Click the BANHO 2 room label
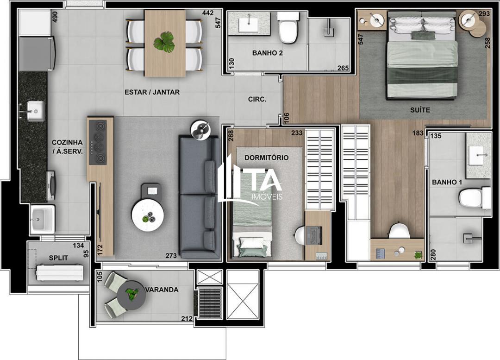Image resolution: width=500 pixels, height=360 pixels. tap(268, 53)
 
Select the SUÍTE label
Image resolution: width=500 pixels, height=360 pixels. tap(420, 110)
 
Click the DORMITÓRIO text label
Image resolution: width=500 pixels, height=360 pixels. tap(266, 158)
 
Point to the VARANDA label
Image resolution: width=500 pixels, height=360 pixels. tap(162, 290)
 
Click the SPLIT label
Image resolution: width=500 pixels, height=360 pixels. tap(59, 258)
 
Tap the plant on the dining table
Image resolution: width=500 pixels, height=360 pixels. tap(164, 42)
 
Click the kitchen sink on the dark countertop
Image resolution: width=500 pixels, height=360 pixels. tap(34, 111)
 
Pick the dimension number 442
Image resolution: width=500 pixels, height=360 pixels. tap(208, 13)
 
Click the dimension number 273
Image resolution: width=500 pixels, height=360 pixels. tap(171, 255)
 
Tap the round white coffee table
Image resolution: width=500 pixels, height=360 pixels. tap(148, 216)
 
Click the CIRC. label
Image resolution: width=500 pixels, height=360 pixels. tap(257, 99)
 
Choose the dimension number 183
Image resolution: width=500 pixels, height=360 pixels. tap(418, 133)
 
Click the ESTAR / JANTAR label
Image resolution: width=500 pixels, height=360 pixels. tap(152, 92)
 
